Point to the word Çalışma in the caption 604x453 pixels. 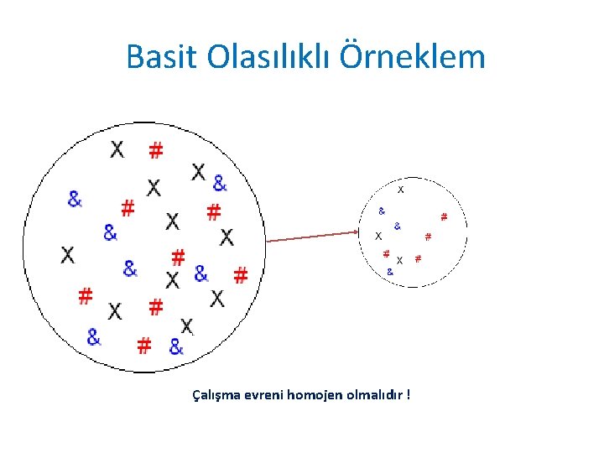point(216,395)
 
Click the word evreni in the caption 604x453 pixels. point(263,395)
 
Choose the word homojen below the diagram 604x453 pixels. point(315,395)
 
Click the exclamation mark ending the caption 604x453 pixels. point(408,395)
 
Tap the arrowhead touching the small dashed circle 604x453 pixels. point(357,232)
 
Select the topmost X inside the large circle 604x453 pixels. point(117,149)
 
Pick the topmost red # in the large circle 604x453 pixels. point(156,149)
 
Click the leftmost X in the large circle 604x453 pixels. point(67,254)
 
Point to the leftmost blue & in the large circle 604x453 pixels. point(75,199)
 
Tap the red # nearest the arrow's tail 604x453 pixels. point(241,274)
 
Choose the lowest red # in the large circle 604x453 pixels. point(144,345)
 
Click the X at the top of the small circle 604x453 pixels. point(400,190)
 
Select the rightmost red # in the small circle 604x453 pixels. point(444,216)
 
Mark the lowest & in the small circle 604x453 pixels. point(390,272)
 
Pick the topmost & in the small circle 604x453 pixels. point(383,210)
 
